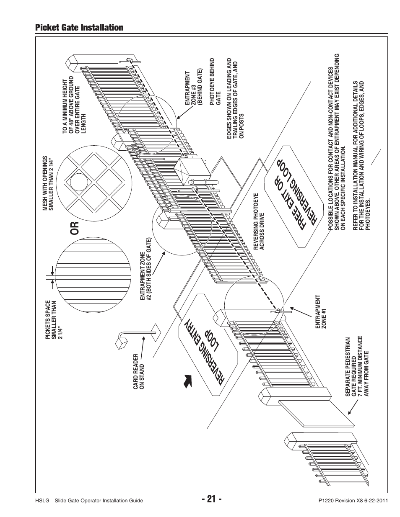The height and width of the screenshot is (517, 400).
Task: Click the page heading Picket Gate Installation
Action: click(x=79, y=28)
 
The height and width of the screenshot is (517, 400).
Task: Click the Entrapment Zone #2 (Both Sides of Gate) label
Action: click(x=145, y=270)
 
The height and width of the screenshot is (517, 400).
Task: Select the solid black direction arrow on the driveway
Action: click(x=187, y=381)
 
